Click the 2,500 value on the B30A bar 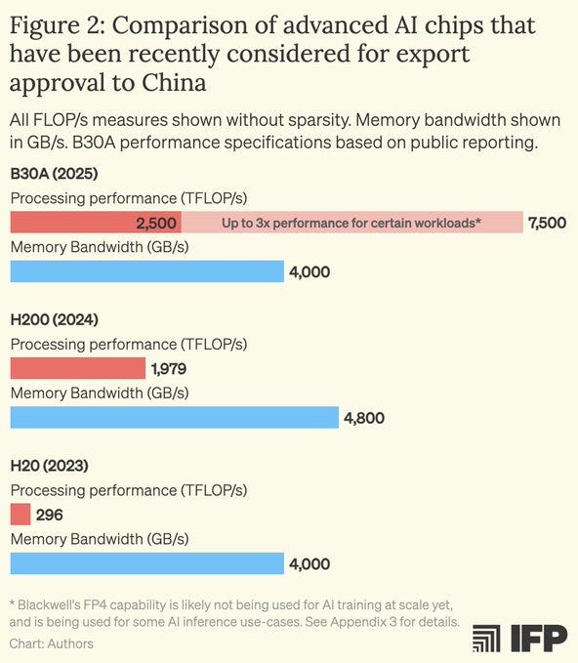155,223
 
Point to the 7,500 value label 547,223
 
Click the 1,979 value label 168,369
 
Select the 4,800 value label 364,418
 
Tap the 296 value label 50,515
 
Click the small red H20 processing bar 21,515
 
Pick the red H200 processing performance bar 77,368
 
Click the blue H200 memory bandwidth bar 174,418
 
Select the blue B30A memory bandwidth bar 146,271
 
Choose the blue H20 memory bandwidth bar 146,563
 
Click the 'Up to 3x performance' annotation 352,223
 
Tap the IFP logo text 536,639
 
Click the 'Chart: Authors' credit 51,644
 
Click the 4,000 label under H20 309,563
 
